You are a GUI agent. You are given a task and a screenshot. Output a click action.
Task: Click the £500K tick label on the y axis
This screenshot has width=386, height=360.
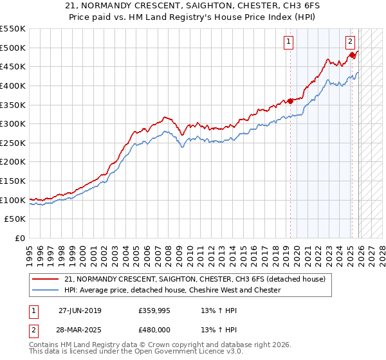13,48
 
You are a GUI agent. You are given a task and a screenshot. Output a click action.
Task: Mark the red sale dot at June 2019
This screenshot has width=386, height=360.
290,100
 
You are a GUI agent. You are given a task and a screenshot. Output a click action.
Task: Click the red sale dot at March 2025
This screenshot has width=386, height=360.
353,55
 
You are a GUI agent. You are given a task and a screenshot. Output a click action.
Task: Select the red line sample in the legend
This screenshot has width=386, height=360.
46,279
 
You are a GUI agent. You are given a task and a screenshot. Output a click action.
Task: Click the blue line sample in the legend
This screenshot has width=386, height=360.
46,290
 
